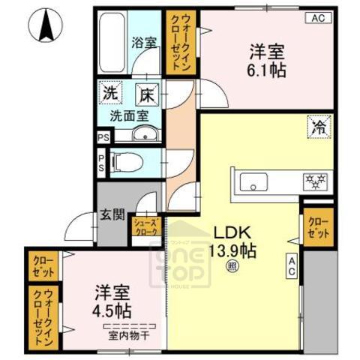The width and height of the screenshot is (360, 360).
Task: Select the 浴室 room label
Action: (143, 43)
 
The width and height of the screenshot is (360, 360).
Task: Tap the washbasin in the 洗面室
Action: (143, 135)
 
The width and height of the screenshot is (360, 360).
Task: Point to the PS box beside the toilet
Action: (102, 163)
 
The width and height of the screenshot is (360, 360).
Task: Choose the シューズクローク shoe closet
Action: (145, 226)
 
